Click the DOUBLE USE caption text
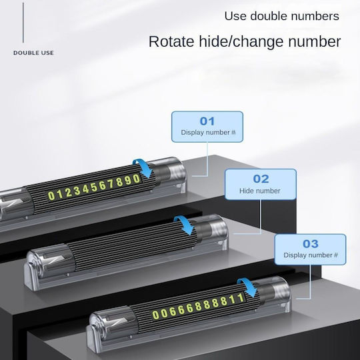point(33,53)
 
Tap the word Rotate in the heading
point(171,41)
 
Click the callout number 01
point(207,121)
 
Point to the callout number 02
point(261,179)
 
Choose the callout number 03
point(311,244)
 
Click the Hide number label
point(260,191)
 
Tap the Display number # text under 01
point(208,133)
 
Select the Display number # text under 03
point(311,255)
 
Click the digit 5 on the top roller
point(94,188)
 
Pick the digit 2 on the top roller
point(69,193)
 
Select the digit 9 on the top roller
point(128,181)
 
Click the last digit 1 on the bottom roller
point(241,298)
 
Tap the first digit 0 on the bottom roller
point(155,315)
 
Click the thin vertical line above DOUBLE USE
point(23,23)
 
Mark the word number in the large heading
point(314,41)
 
